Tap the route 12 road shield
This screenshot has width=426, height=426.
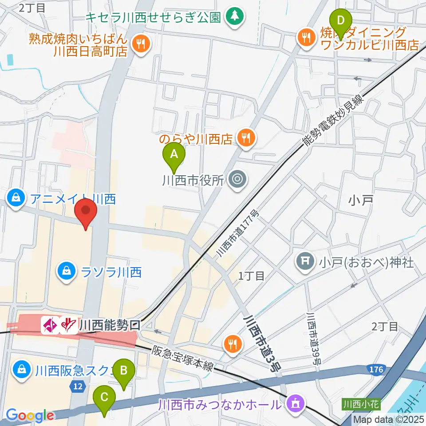click(78, 387)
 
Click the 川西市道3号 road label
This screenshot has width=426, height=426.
click(262, 342)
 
